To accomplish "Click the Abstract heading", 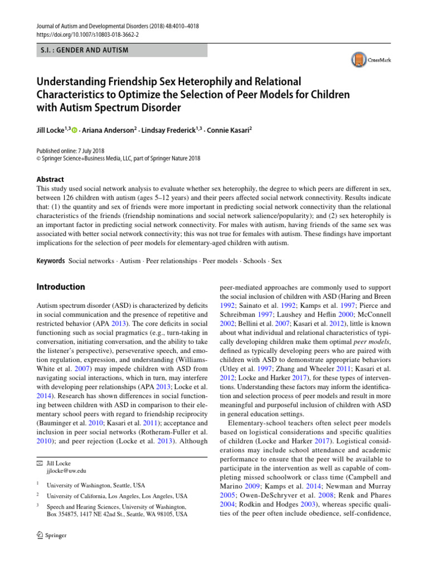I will pos(50,180).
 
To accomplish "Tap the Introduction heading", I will pos(61,287).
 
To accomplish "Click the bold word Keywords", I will pos(50,261).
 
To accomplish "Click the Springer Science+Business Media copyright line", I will pos(118,158).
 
